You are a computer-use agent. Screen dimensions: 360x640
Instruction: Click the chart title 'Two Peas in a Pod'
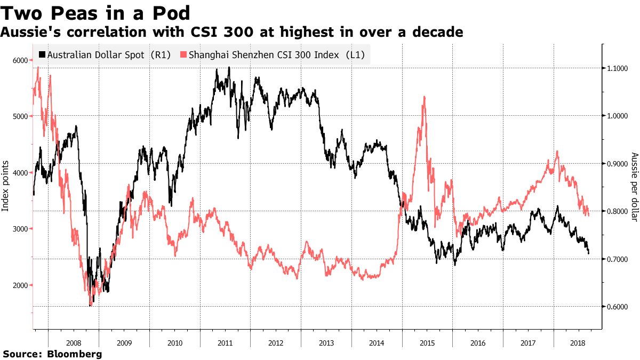(97, 12)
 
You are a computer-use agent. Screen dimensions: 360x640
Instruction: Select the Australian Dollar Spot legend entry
(105, 55)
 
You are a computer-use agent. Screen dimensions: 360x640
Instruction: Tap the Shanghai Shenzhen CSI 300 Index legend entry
(272, 55)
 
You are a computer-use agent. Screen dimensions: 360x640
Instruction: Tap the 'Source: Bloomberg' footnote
(52, 354)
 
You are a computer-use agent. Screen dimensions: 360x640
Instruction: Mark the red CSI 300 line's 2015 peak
(423, 97)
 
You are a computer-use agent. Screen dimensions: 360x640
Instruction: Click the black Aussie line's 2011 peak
(229, 67)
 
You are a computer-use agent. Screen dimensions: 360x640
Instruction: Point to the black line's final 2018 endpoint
(588, 253)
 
